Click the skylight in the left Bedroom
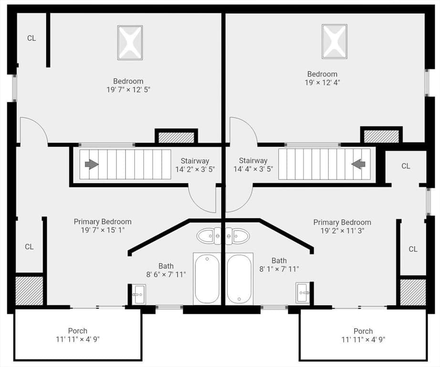pyautogui.click(x=130, y=43)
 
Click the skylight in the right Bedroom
pyautogui.click(x=335, y=42)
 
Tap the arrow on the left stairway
pyautogui.click(x=92, y=164)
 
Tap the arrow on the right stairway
pyautogui.click(x=358, y=164)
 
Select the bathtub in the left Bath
pyautogui.click(x=207, y=279)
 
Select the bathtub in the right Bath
pyautogui.click(x=239, y=279)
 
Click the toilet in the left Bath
pyautogui.click(x=209, y=236)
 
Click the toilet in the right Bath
pyautogui.click(x=237, y=236)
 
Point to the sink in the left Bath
pyautogui.click(x=138, y=294)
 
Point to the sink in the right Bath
pyautogui.click(x=303, y=293)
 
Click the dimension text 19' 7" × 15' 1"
pyautogui.click(x=103, y=230)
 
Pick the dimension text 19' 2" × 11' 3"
pyautogui.click(x=342, y=231)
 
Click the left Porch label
pyautogui.click(x=78, y=331)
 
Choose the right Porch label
pyautogui.click(x=363, y=331)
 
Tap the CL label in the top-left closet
pyautogui.click(x=31, y=38)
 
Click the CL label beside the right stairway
pyautogui.click(x=406, y=166)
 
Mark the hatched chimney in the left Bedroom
pyautogui.click(x=177, y=138)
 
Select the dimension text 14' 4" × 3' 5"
pyautogui.click(x=253, y=169)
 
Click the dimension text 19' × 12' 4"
pyautogui.click(x=323, y=83)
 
